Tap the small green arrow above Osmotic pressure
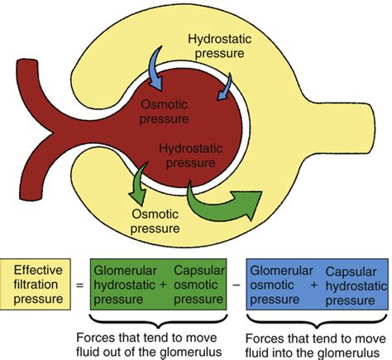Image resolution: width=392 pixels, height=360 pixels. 138,185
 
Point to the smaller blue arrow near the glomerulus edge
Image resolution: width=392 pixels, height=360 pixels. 226,88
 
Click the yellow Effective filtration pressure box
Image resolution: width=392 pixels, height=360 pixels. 36,284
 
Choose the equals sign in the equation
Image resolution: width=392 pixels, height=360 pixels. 80,285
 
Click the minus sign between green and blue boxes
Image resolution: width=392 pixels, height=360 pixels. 237,285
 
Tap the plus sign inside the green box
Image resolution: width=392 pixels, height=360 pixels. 163,285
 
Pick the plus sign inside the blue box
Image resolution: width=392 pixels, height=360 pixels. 314,285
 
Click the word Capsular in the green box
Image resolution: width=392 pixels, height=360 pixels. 199,271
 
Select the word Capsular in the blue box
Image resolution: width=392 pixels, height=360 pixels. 351,271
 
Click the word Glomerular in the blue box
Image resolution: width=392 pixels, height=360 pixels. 281,271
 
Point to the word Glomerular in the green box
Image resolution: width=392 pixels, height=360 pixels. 125,271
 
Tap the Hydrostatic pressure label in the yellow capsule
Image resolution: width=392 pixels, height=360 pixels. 220,46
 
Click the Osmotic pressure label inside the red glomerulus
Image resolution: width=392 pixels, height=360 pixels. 165,112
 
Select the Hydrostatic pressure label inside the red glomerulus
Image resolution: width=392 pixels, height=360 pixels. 190,156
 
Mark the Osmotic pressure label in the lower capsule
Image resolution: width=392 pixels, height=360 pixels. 155,221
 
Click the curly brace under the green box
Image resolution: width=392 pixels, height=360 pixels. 159,322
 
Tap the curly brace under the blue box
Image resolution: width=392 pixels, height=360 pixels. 317,322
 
